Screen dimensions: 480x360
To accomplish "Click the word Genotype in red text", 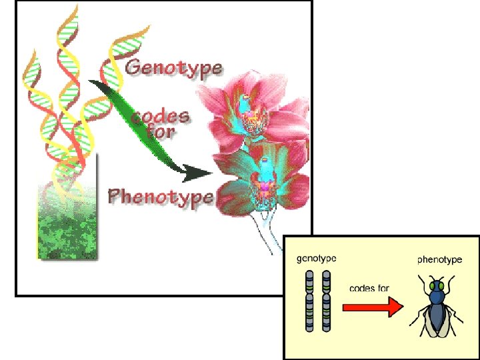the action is tap(173, 68).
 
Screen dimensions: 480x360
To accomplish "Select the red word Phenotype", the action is tap(160, 197).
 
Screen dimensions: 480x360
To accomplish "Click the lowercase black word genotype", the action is tap(317, 259).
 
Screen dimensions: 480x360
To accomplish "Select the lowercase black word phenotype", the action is tap(439, 259).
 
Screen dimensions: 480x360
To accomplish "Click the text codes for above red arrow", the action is tap(370, 288).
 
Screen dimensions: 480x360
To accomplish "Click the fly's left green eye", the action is tap(431, 287).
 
